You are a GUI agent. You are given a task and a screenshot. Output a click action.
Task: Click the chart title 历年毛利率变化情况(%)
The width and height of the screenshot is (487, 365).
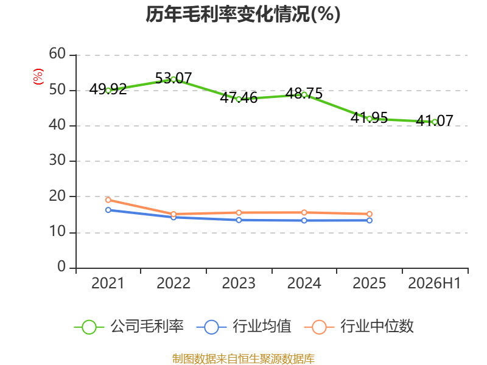click(x=243, y=14)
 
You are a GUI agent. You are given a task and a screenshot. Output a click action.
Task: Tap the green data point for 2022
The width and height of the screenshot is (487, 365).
click(x=173, y=80)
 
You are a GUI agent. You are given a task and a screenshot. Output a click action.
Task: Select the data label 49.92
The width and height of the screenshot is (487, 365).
click(x=108, y=89)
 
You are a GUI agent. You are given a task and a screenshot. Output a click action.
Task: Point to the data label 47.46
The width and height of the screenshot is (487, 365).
click(x=239, y=98)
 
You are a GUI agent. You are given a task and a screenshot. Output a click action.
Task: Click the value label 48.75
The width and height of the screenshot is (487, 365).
click(x=304, y=94)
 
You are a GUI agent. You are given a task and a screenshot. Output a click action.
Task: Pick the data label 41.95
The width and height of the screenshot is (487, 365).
click(x=370, y=117)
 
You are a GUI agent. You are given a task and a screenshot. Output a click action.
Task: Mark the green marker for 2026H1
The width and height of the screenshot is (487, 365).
click(x=435, y=122)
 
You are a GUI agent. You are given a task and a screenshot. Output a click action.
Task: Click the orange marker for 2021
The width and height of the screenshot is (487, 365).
click(x=108, y=200)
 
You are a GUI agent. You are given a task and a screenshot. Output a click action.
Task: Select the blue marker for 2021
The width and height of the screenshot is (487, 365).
click(x=108, y=210)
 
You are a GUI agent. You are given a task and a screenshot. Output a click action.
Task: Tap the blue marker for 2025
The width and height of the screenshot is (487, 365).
click(x=370, y=220)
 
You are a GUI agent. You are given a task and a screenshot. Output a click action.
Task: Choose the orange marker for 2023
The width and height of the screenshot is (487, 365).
click(x=239, y=212)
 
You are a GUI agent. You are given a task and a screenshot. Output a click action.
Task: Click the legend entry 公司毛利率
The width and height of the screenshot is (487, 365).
click(x=129, y=327)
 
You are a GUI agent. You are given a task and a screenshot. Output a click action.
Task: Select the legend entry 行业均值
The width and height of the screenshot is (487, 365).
click(x=244, y=327)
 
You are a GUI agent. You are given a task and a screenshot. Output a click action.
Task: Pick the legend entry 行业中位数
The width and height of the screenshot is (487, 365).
click(x=359, y=327)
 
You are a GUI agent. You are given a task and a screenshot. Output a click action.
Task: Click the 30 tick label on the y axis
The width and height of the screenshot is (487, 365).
click(x=57, y=161)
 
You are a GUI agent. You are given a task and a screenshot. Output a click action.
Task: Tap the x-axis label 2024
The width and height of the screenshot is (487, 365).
click(x=304, y=283)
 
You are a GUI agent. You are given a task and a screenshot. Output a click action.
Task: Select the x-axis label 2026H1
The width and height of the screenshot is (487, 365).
click(x=435, y=283)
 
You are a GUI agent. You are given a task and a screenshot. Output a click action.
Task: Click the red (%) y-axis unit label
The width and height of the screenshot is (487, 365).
click(x=38, y=77)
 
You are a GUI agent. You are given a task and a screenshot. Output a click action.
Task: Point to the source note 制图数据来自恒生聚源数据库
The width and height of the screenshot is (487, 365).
click(x=243, y=359)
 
